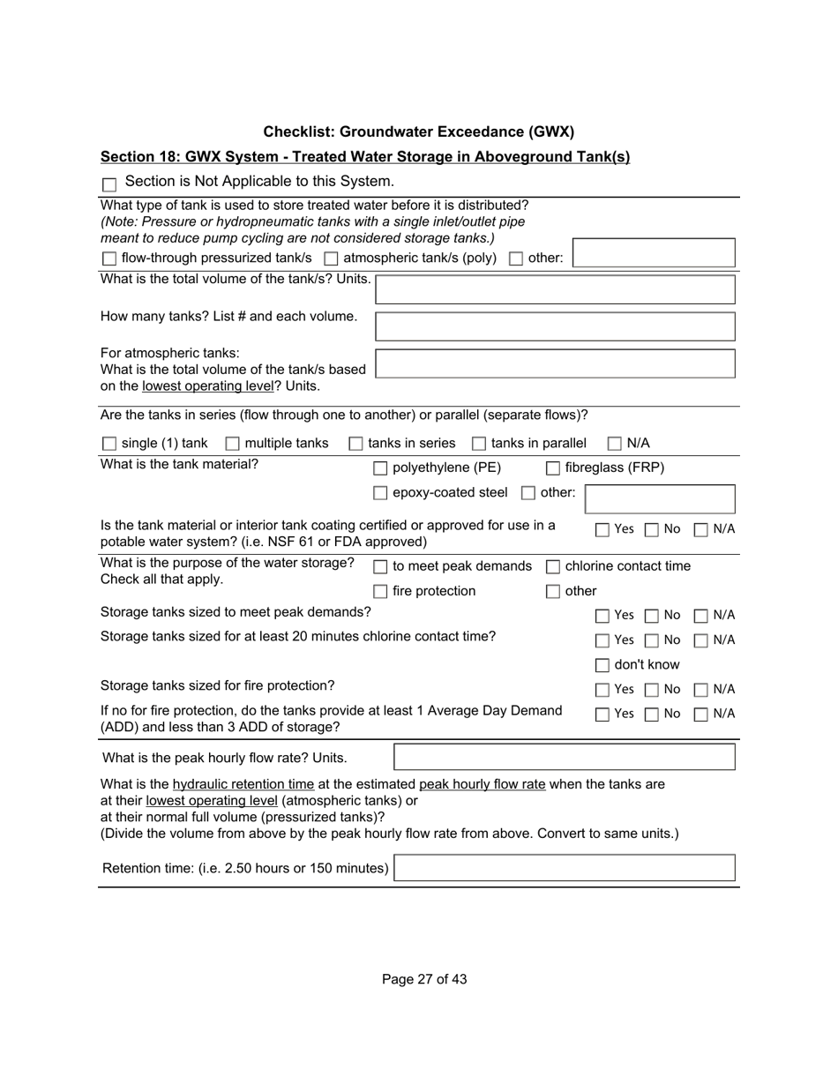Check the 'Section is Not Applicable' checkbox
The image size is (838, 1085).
pos(109,184)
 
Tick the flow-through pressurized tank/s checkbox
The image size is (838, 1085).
pos(109,258)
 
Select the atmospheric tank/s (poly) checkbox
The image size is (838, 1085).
pos(331,258)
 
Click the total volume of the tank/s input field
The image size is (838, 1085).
pos(555,289)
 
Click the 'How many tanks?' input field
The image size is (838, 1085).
pos(555,326)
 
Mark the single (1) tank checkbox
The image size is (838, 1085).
pos(109,444)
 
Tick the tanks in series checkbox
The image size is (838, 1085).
pos(356,444)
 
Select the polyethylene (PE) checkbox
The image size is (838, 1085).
pos(380,468)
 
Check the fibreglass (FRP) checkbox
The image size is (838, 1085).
pos(553,468)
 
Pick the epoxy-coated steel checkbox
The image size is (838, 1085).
pos(380,493)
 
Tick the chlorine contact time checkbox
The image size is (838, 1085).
pos(553,567)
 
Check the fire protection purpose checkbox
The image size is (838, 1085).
pos(380,592)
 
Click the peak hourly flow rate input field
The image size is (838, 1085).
pos(564,757)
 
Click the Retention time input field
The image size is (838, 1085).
pos(564,868)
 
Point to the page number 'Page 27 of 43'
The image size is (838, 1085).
pos(424,979)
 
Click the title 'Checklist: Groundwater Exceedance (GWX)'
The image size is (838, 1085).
pos(418,132)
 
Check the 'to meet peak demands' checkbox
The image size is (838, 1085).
pos(380,567)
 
